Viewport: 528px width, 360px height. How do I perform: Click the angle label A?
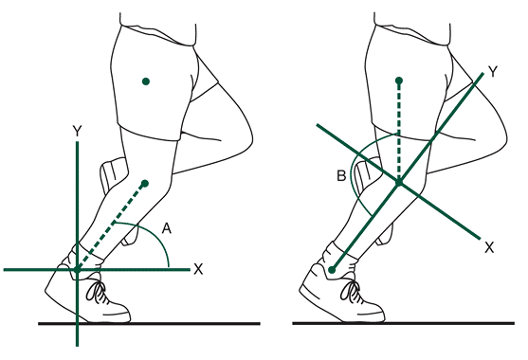pyautogui.click(x=167, y=228)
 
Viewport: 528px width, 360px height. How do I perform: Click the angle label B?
pyautogui.click(x=341, y=176)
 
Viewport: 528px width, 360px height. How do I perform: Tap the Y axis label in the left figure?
pyautogui.click(x=78, y=132)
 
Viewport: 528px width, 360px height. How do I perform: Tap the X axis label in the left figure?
pyautogui.click(x=198, y=269)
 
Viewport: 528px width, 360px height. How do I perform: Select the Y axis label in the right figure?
pyautogui.click(x=493, y=71)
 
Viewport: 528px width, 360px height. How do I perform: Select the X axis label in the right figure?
pyautogui.click(x=489, y=247)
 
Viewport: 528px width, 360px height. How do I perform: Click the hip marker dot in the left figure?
pyautogui.click(x=146, y=81)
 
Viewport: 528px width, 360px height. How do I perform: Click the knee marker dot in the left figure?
pyautogui.click(x=145, y=184)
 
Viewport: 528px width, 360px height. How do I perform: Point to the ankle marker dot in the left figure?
pyautogui.click(x=78, y=269)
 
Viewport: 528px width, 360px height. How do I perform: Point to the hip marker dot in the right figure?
pyautogui.click(x=399, y=81)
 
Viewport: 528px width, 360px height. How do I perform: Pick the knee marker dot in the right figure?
pyautogui.click(x=399, y=183)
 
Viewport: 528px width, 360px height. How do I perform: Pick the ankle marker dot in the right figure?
pyautogui.click(x=333, y=270)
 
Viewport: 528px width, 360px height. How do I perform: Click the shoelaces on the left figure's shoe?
pyautogui.click(x=97, y=292)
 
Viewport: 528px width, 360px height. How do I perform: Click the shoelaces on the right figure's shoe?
pyautogui.click(x=351, y=292)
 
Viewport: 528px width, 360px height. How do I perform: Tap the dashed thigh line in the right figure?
pyautogui.click(x=399, y=132)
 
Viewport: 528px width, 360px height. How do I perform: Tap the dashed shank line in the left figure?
pyautogui.click(x=112, y=226)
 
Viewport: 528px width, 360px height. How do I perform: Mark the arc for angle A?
pyautogui.click(x=153, y=232)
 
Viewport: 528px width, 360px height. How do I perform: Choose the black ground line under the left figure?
pyautogui.click(x=149, y=324)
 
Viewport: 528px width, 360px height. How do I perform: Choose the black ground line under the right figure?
pyautogui.click(x=404, y=324)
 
